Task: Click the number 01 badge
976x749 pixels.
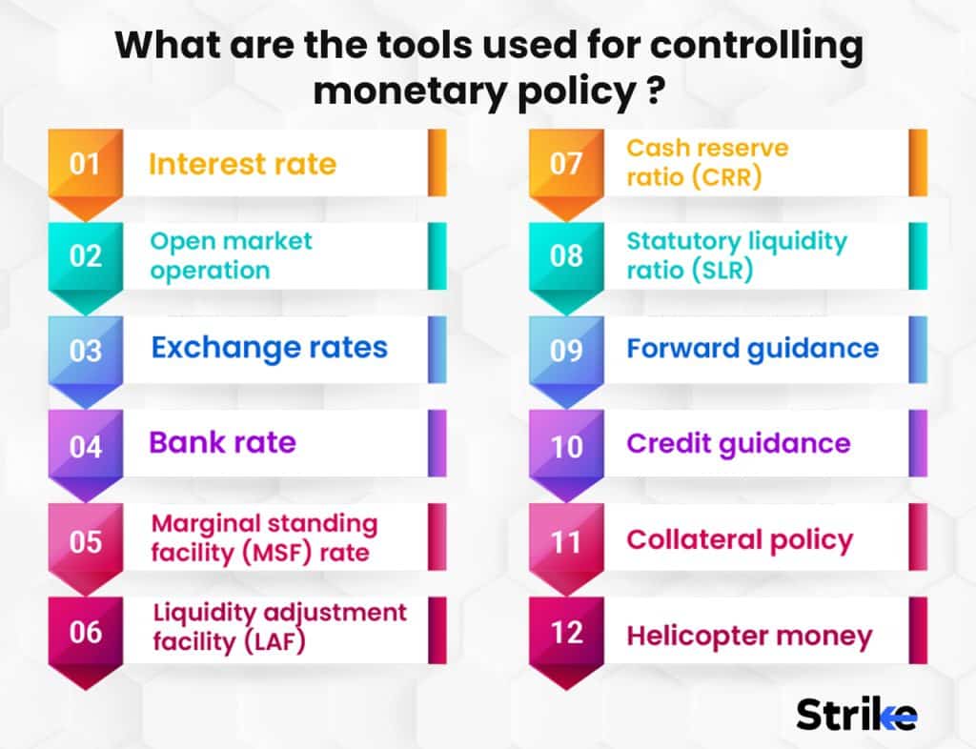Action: [x=86, y=164]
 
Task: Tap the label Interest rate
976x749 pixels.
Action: [x=242, y=164]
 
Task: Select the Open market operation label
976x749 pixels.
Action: [x=231, y=255]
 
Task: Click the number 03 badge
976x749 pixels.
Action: [x=86, y=350]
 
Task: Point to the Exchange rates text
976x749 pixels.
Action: [x=269, y=348]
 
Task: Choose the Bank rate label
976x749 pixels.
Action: [x=222, y=442]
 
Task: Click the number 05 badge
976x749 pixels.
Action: [x=86, y=540]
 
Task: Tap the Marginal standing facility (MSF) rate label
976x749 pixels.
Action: [x=263, y=537]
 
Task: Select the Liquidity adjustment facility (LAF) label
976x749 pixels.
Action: [x=279, y=627]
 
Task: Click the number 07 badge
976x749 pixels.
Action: [x=566, y=164]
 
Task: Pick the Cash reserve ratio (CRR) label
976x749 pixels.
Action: [x=694, y=162]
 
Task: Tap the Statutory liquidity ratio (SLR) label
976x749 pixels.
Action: [x=736, y=255]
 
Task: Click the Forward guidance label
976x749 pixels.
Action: [x=752, y=349]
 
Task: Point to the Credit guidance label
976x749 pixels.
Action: [x=738, y=443]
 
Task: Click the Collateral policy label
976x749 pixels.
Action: [x=739, y=539]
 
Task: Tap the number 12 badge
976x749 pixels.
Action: [x=566, y=633]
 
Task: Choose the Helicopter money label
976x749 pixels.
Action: [x=749, y=637]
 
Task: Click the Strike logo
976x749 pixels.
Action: [x=856, y=714]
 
